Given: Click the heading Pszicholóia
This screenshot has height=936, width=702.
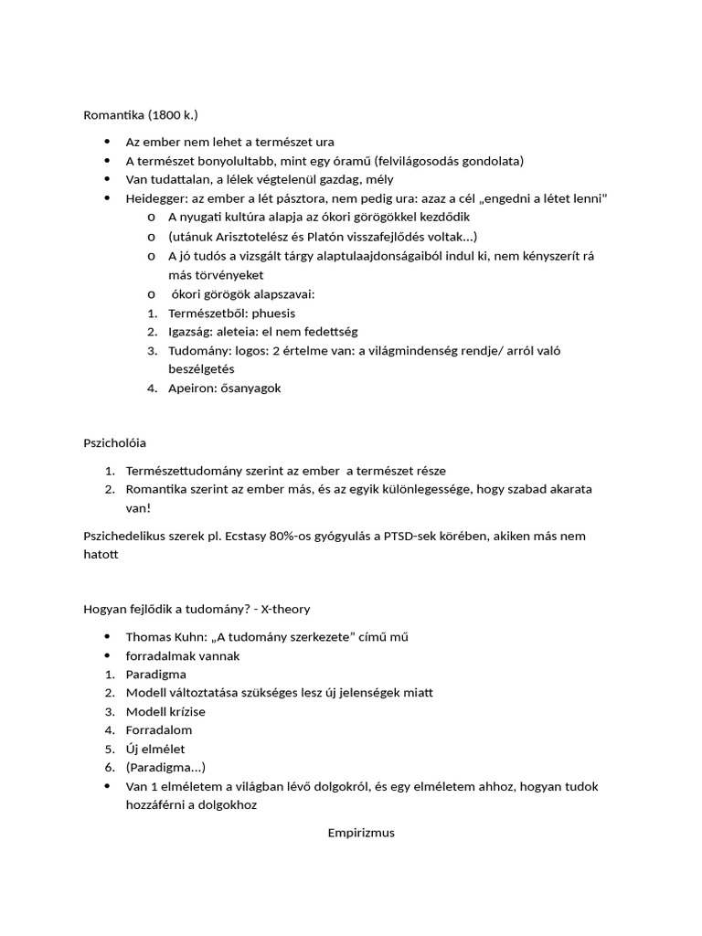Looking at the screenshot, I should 115,442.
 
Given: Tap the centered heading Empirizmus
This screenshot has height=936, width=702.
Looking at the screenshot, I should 361,833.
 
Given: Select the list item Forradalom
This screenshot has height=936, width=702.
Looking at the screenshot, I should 159,730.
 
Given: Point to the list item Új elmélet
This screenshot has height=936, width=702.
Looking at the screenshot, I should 155,749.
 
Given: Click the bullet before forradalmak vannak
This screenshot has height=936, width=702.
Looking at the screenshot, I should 108,656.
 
